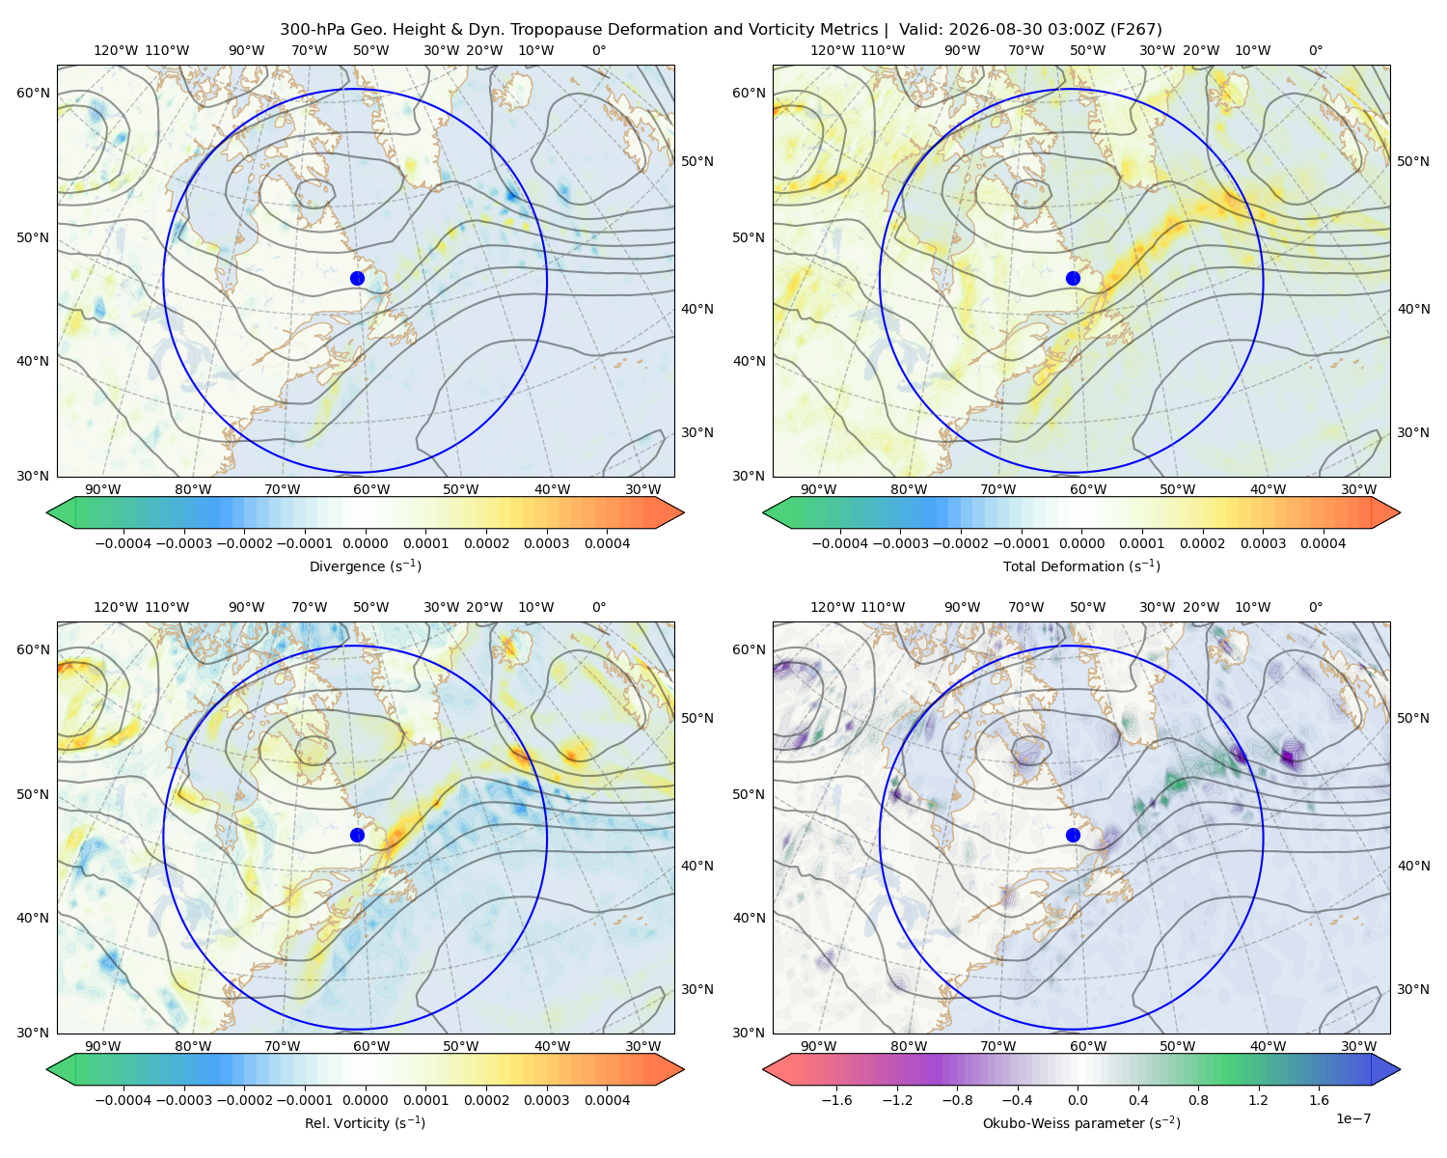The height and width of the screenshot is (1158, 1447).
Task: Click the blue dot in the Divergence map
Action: click(x=357, y=278)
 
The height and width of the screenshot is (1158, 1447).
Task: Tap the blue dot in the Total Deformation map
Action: click(x=1073, y=278)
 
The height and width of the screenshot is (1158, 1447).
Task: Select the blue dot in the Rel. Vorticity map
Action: click(x=357, y=835)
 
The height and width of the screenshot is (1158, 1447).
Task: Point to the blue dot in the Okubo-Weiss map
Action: click(x=1073, y=835)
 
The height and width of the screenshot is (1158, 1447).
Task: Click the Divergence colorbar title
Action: click(x=365, y=565)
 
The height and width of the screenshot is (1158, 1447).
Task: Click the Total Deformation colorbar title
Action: click(x=1081, y=565)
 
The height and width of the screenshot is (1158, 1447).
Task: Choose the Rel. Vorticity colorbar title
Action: click(x=365, y=1122)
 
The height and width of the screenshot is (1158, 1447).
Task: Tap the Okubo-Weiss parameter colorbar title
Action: click(x=1081, y=1122)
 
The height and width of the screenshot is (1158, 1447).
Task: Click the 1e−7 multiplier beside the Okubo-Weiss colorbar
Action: click(x=1352, y=1118)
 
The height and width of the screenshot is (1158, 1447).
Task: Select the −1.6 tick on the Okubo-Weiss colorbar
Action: click(x=836, y=1099)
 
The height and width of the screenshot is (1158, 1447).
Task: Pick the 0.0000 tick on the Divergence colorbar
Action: click(x=365, y=543)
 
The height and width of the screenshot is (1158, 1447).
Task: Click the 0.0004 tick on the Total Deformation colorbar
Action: click(x=1323, y=543)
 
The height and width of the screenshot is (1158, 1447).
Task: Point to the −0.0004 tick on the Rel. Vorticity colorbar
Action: click(x=123, y=1099)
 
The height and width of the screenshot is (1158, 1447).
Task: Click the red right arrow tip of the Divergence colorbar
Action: click(x=683, y=512)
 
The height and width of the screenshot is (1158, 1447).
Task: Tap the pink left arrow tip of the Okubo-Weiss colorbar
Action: click(x=764, y=1069)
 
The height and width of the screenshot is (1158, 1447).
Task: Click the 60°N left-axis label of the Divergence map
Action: click(x=33, y=93)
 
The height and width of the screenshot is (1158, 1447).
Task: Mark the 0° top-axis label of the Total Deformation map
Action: click(x=1315, y=50)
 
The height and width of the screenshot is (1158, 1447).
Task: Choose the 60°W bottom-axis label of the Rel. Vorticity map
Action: click(x=371, y=1046)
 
